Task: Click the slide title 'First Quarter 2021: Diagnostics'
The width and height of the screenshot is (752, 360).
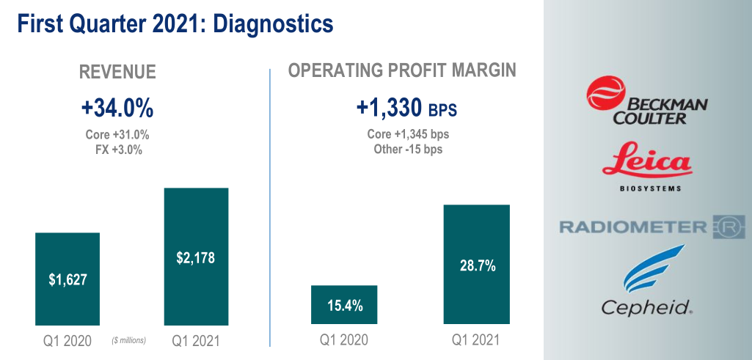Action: click(175, 24)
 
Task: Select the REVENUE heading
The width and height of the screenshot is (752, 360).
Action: click(117, 71)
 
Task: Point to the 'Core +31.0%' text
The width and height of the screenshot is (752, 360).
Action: click(117, 136)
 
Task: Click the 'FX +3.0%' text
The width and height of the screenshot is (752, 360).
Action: click(117, 150)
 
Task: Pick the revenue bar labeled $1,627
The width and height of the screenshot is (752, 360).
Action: click(67, 279)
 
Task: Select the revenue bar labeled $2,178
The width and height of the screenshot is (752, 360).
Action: click(196, 257)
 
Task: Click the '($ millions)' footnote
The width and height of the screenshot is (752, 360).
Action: click(129, 340)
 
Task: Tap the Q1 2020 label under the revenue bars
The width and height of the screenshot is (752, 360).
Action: click(67, 340)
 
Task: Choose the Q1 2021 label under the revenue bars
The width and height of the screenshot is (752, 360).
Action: click(196, 340)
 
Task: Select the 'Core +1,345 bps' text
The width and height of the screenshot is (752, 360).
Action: click(408, 135)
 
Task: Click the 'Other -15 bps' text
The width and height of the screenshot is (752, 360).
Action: click(408, 149)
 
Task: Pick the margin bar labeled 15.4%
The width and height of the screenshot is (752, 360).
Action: click(344, 305)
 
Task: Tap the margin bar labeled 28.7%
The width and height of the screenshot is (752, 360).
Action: click(477, 264)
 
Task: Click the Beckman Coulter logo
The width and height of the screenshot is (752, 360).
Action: click(646, 102)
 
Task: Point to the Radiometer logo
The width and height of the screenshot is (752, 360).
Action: click(652, 227)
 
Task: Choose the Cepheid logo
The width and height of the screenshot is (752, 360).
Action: click(646, 283)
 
